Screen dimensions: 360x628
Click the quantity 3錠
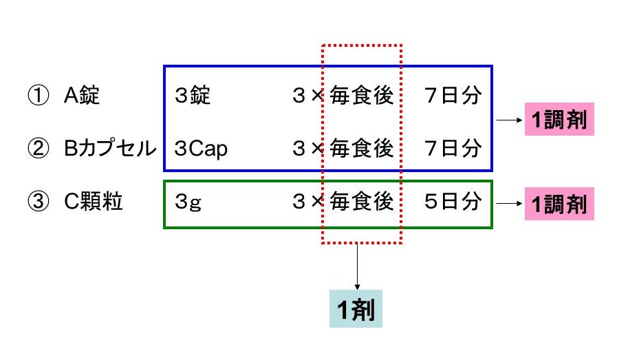point(193,95)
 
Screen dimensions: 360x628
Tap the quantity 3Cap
point(201,148)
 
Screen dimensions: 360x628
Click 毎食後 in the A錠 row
point(361,95)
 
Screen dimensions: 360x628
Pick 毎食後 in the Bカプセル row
point(361,148)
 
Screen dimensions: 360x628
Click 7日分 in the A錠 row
point(452,95)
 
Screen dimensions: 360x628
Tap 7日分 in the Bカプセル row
point(452,148)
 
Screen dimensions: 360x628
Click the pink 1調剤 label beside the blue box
point(559,120)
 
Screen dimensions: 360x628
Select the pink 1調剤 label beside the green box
point(559,204)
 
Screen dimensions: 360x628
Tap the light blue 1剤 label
point(355,311)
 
